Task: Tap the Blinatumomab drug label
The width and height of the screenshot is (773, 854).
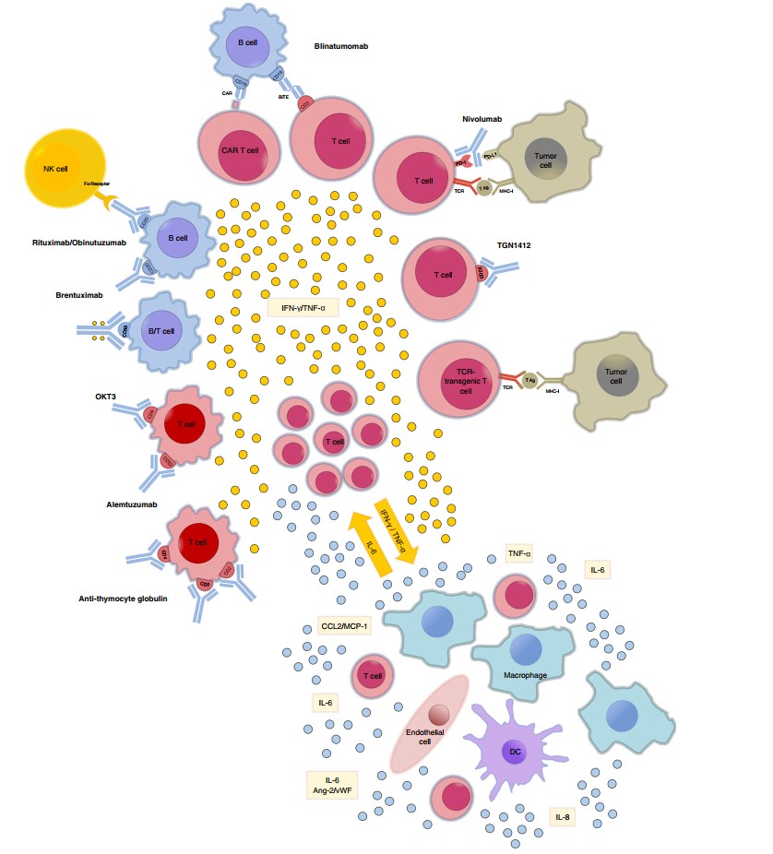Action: (x=341, y=45)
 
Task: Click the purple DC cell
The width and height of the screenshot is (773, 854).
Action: (x=515, y=751)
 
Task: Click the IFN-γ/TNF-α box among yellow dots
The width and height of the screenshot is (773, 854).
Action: (x=303, y=305)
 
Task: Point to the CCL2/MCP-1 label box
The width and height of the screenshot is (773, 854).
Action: (x=344, y=627)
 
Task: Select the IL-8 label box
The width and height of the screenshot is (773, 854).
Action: (x=562, y=816)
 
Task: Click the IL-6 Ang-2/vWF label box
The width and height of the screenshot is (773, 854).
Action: (x=331, y=785)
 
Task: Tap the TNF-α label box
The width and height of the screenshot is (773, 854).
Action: (x=519, y=553)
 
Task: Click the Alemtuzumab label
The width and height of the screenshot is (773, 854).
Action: (x=130, y=504)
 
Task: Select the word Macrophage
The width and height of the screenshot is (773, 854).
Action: (x=526, y=675)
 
